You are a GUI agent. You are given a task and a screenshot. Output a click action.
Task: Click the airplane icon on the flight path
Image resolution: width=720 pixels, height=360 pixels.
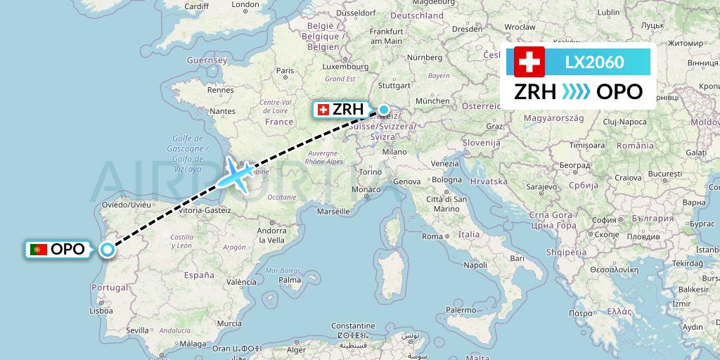click(x=238, y=173)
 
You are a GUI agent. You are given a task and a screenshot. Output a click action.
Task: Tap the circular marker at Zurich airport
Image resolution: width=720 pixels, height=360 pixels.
click(x=384, y=109)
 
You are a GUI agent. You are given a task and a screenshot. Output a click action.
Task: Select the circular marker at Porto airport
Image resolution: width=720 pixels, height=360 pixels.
click(x=108, y=249)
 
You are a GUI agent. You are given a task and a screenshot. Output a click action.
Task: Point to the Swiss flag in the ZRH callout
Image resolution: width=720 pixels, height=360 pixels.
click(x=323, y=109)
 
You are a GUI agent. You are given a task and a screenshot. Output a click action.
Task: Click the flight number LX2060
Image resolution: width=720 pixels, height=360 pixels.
click(x=594, y=62)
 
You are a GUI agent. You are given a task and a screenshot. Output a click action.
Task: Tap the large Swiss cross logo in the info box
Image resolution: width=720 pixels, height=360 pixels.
click(x=529, y=62)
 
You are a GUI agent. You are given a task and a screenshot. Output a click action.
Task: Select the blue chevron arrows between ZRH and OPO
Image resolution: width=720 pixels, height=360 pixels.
click(x=576, y=91)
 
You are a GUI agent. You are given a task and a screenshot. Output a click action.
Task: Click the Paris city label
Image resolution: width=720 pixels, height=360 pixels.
click(x=285, y=70)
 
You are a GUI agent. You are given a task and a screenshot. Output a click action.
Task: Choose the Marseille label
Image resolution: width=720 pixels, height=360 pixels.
click(x=333, y=211)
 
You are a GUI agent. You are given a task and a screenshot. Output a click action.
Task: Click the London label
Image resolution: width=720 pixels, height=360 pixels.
click(x=245, y=4)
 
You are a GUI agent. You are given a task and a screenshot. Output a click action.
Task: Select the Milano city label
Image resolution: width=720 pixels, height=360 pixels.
click(x=394, y=151)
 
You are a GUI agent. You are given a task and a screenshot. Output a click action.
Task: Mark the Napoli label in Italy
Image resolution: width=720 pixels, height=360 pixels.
click(x=475, y=265)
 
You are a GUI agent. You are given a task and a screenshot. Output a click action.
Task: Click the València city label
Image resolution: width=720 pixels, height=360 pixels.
click(x=241, y=281)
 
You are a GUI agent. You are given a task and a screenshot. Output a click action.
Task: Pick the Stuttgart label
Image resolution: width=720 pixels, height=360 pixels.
click(x=394, y=85)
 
